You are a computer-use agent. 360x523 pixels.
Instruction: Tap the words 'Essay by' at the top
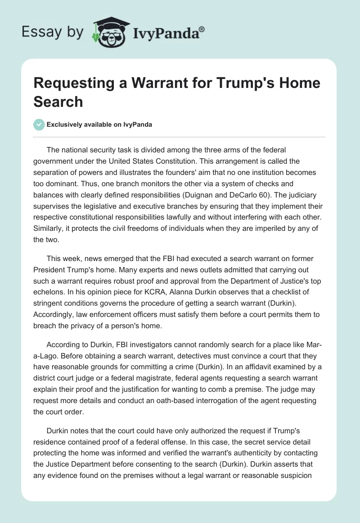tap(53, 32)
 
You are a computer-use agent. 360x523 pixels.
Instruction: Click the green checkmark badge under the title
tap(39, 124)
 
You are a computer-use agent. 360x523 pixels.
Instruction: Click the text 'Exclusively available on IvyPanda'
tap(99, 124)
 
